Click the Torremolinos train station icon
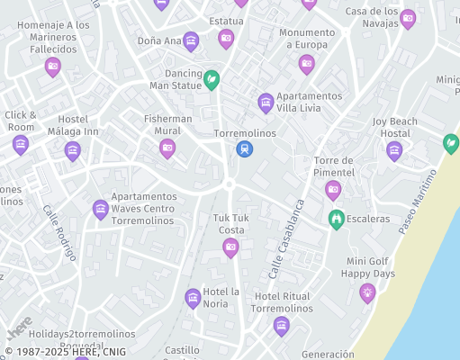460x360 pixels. [244, 149]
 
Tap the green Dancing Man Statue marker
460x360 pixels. [212, 80]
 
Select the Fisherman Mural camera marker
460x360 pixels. [167, 148]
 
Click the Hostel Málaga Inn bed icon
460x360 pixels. [73, 150]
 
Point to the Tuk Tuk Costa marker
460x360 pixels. [230, 247]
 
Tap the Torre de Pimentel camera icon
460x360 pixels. [333, 189]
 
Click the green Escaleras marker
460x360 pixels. [337, 218]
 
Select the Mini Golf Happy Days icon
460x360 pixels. [367, 292]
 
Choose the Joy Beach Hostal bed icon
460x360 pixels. [394, 150]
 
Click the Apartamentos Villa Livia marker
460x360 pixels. [266, 103]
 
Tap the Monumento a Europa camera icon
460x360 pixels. [307, 63]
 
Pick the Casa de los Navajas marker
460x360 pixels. [408, 17]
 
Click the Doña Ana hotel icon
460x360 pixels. [191, 40]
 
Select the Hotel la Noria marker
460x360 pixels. [193, 298]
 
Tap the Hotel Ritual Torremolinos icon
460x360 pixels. [282, 325]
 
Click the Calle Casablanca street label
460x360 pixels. [286, 238]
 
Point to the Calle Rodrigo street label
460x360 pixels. [59, 233]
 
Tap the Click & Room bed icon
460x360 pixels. [21, 144]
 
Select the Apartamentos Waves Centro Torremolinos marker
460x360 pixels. [101, 209]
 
